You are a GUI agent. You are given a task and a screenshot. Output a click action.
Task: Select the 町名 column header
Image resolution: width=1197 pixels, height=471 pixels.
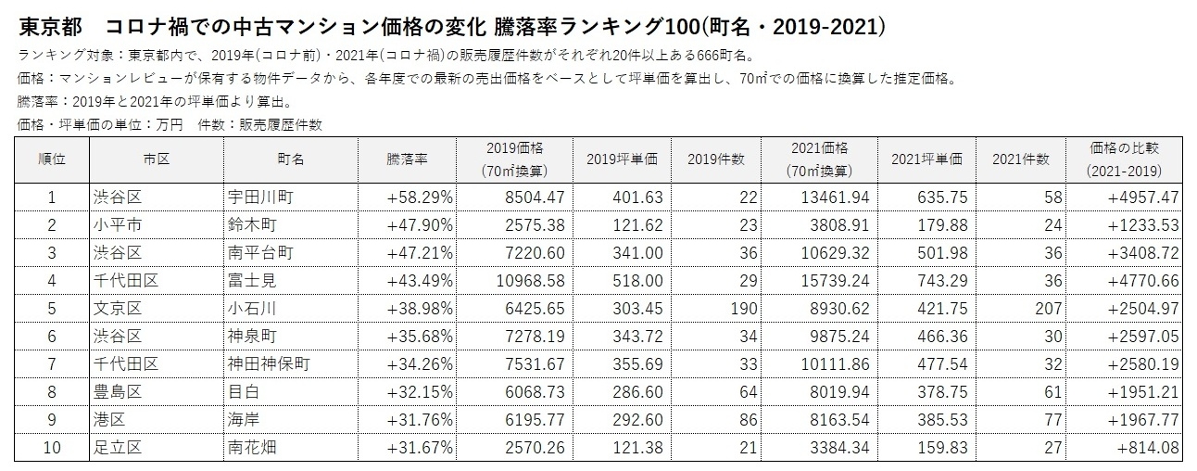290,159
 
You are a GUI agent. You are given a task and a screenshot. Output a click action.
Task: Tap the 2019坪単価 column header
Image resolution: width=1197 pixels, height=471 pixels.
622,159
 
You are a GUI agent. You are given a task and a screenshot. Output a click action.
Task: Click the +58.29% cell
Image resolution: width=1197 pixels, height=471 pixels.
419,197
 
